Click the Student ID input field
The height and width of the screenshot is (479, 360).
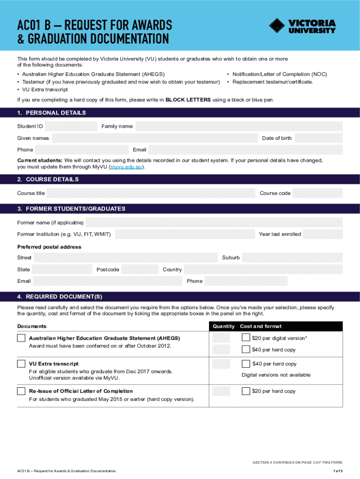point(71,126)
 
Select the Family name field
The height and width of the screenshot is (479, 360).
point(239,126)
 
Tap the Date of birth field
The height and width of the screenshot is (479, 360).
point(318,138)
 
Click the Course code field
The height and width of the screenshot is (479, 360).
point(317,193)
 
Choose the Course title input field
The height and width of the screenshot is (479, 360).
point(151,193)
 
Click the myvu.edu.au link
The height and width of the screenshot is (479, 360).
point(126,167)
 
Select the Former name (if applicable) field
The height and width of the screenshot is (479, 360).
point(214,222)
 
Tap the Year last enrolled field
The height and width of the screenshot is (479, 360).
point(323,234)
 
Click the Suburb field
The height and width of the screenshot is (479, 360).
point(292,258)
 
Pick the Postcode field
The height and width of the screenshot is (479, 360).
point(141,269)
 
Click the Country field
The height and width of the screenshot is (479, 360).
point(263,269)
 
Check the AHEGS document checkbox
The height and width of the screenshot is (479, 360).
point(22,338)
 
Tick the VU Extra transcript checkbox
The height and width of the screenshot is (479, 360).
point(22,364)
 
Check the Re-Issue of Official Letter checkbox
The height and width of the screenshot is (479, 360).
point(22,391)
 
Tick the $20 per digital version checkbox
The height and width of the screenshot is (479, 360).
point(246,338)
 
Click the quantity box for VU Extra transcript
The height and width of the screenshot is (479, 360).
point(221,364)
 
